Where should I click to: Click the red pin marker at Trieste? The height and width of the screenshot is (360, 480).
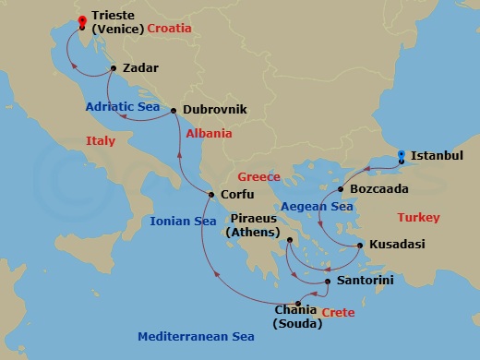pyautogui.click(x=82, y=21)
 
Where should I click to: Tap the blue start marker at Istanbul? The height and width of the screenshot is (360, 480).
pyautogui.click(x=401, y=157)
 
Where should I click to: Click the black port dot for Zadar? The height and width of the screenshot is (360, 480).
pyautogui.click(x=113, y=68)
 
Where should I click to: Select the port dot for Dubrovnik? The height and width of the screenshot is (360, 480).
pyautogui.click(x=174, y=110)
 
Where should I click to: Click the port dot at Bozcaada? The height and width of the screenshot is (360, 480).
pyautogui.click(x=341, y=190)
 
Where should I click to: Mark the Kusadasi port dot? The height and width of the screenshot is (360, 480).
pyautogui.click(x=359, y=246)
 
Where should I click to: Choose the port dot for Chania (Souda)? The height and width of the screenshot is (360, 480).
pyautogui.click(x=298, y=304)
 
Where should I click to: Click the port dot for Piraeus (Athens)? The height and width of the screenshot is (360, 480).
pyautogui.click(x=289, y=240)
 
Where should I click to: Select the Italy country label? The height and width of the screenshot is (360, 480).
pyautogui.click(x=101, y=141)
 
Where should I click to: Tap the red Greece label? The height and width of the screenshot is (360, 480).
pyautogui.click(x=258, y=176)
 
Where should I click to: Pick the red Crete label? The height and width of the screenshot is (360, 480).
pyautogui.click(x=337, y=314)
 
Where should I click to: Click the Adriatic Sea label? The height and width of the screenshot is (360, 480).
pyautogui.click(x=124, y=107)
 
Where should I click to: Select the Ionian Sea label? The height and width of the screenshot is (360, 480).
pyautogui.click(x=183, y=222)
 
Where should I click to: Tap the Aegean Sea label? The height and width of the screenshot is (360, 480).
pyautogui.click(x=318, y=207)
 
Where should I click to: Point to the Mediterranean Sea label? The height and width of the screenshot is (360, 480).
pyautogui.click(x=196, y=337)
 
